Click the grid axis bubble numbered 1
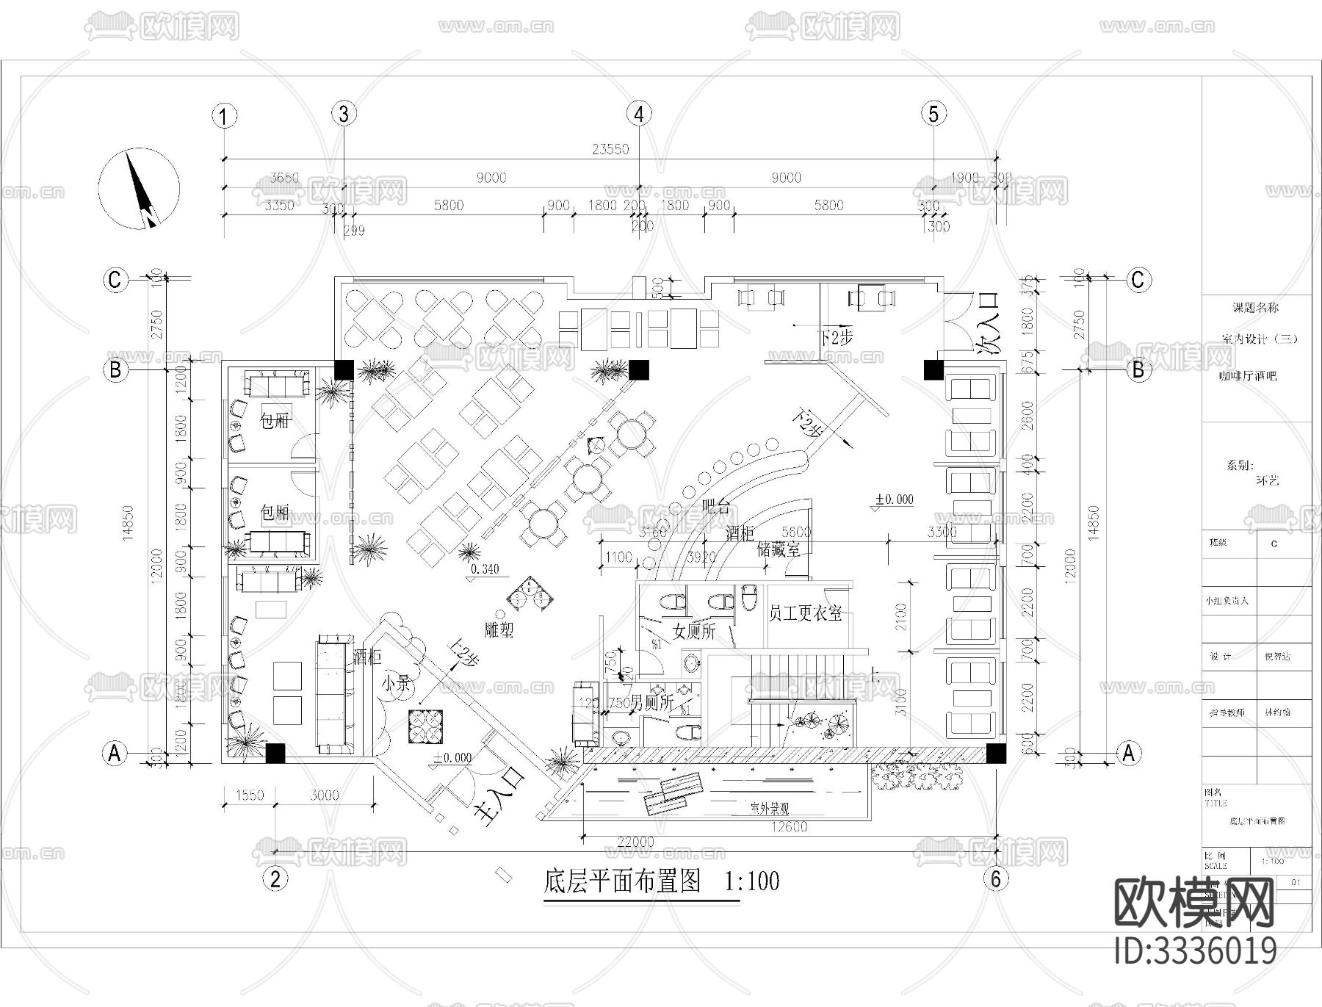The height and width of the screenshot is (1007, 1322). pyautogui.click(x=224, y=116)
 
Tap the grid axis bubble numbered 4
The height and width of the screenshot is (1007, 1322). pyautogui.click(x=639, y=114)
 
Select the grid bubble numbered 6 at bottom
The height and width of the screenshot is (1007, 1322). pyautogui.click(x=996, y=878)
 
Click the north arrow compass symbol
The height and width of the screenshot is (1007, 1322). pyautogui.click(x=140, y=189)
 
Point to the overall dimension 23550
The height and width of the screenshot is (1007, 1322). pyautogui.click(x=610, y=149)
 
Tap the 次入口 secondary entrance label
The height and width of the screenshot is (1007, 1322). pyautogui.click(x=986, y=324)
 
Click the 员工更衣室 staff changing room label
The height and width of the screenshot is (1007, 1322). pyautogui.click(x=805, y=613)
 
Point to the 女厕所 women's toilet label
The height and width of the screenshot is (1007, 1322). pyautogui.click(x=693, y=630)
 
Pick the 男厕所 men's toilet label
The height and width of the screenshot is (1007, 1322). pyautogui.click(x=650, y=703)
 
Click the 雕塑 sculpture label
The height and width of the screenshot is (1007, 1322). pyautogui.click(x=499, y=629)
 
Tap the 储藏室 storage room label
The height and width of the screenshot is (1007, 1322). pyautogui.click(x=778, y=549)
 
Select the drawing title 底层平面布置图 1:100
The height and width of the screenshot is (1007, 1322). pyautogui.click(x=661, y=881)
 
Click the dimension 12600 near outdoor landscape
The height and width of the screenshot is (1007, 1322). pyautogui.click(x=790, y=827)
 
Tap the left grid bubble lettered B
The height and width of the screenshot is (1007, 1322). pyautogui.click(x=115, y=369)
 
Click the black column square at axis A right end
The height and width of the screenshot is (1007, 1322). pyautogui.click(x=995, y=753)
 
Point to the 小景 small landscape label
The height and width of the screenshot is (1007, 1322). pyautogui.click(x=396, y=684)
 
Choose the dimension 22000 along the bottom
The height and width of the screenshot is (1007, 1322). pyautogui.click(x=636, y=842)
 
